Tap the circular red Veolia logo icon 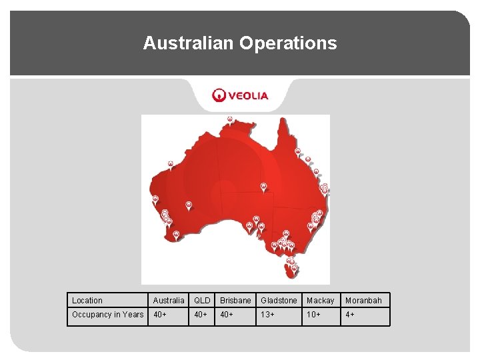pyautogui.click(x=219, y=95)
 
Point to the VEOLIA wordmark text pyautogui.click(x=249, y=95)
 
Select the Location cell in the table pyautogui.click(x=87, y=301)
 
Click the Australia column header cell pyautogui.click(x=169, y=301)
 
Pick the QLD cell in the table pyautogui.click(x=202, y=301)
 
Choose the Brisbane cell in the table pyautogui.click(x=235, y=301)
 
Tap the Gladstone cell pyautogui.click(x=279, y=301)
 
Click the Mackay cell pyautogui.click(x=320, y=301)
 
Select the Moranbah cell pyautogui.click(x=363, y=301)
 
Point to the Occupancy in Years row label pyautogui.click(x=107, y=315)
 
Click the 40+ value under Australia pyautogui.click(x=161, y=315)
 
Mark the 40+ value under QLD pyautogui.click(x=201, y=315)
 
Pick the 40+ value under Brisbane pyautogui.click(x=227, y=315)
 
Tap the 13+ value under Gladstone pyautogui.click(x=267, y=315)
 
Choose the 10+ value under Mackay pyautogui.click(x=313, y=315)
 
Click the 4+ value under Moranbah pyautogui.click(x=350, y=315)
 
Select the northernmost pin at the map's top pyautogui.click(x=229, y=119)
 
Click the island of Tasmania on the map pyautogui.click(x=292, y=271)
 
